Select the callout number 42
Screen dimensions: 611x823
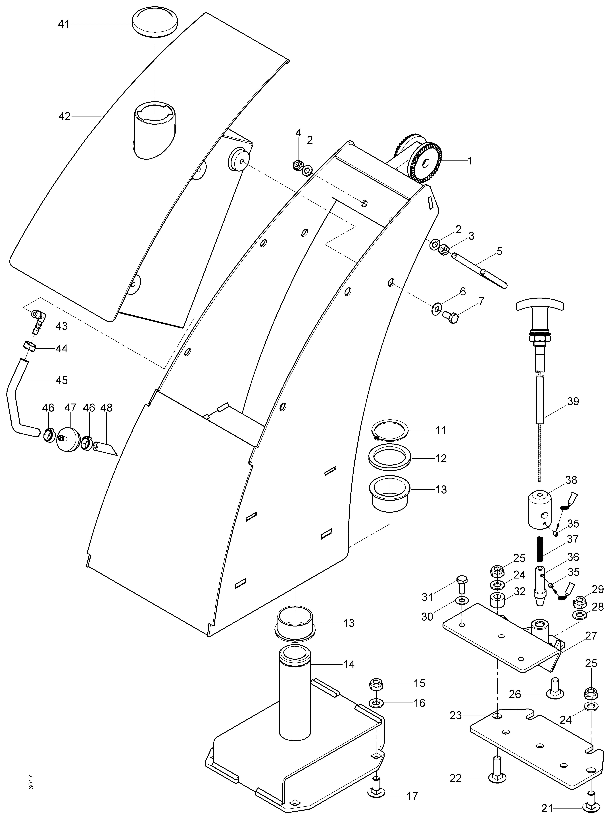point(64,116)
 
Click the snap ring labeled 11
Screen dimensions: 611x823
point(390,430)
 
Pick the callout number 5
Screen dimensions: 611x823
point(499,251)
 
